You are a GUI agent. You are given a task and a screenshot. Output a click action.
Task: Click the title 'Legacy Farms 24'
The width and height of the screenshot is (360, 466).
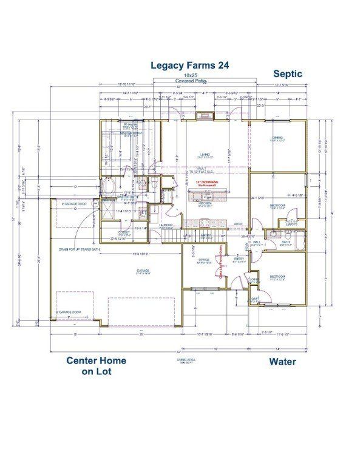[189, 64]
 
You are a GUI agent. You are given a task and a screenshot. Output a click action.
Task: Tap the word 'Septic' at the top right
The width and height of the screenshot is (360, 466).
[287, 74]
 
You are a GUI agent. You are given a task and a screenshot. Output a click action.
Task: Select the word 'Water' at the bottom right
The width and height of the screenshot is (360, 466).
[283, 362]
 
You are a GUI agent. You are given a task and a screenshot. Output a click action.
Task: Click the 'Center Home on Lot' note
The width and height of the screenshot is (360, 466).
[96, 366]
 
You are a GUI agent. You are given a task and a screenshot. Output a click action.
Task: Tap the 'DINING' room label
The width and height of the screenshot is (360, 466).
[277, 138]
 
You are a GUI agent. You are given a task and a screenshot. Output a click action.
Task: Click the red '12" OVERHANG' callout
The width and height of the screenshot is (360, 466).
[206, 181]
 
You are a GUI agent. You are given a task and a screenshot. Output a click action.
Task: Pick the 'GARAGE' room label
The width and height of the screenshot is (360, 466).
[143, 271]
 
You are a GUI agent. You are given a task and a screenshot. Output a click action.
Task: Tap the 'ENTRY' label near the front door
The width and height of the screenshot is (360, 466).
[238, 258]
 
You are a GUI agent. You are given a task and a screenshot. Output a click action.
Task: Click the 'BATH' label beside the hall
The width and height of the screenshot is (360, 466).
[285, 242]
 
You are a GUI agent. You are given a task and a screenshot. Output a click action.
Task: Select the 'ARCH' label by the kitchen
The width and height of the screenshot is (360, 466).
[238, 223]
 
